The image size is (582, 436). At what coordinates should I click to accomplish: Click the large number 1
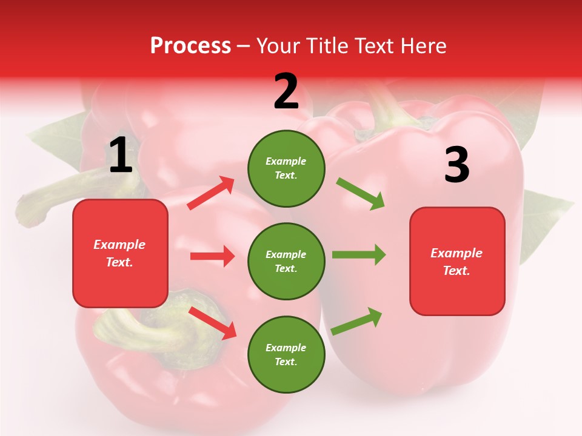pos(121,156)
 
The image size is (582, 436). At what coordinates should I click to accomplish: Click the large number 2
pos(286,91)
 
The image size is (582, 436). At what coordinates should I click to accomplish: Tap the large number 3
pos(457,165)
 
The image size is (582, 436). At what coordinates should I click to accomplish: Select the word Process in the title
pos(190,45)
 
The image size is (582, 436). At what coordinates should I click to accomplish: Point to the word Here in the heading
pos(423,45)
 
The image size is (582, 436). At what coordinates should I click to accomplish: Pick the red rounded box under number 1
pos(120,253)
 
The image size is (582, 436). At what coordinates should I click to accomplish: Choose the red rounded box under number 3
pos(457,262)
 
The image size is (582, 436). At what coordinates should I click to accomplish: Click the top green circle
pos(286,168)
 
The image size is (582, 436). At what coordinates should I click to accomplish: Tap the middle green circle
pos(286,261)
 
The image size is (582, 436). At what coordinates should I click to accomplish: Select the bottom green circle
pos(286,354)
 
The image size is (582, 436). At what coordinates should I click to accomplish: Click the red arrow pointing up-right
pos(211,193)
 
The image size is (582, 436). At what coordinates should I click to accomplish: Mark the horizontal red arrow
pos(212,256)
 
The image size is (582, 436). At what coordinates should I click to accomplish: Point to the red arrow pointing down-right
pos(212,323)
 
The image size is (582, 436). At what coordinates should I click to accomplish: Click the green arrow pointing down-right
pos(361,194)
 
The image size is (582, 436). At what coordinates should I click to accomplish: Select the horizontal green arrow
pos(359,255)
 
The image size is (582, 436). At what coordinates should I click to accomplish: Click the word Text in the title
pos(379,45)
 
